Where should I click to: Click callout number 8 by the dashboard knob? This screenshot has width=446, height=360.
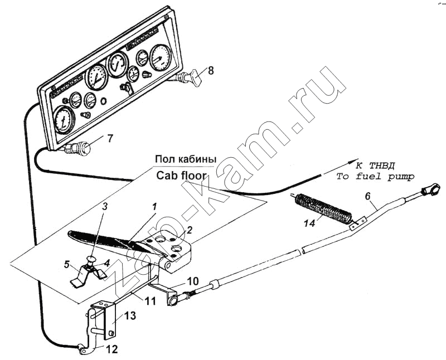tap(211, 70)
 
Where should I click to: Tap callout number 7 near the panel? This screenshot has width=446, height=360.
tap(110, 138)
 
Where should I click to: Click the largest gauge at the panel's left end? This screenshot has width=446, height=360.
tap(64, 119)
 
